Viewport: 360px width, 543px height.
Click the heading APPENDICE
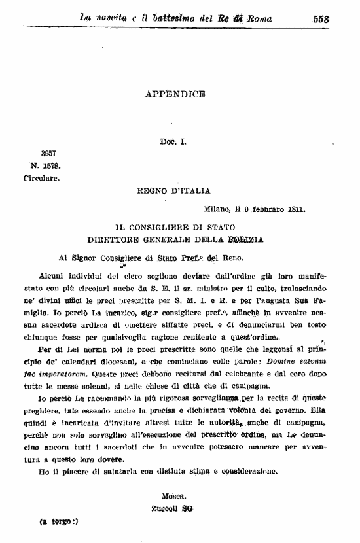coord(175,94)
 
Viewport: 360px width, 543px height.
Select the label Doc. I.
coord(173,141)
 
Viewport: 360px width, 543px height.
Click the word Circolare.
coord(42,177)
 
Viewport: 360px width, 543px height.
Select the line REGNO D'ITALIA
coord(173,191)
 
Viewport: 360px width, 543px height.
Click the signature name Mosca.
coord(173,497)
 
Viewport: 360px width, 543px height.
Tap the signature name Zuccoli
coord(165,508)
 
